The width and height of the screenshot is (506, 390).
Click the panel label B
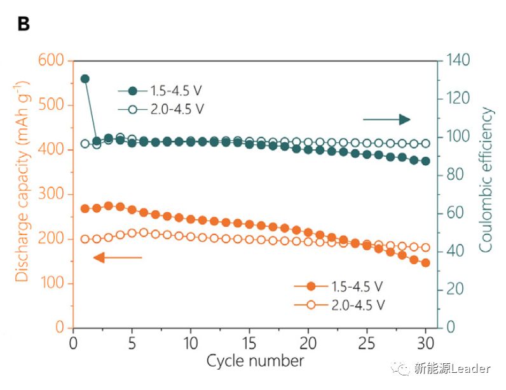click(x=23, y=24)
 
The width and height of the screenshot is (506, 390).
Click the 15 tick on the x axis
click(x=249, y=343)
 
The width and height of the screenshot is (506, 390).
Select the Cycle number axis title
click(x=256, y=361)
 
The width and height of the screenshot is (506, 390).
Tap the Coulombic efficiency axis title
click(x=487, y=180)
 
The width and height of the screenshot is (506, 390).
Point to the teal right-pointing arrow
click(x=386, y=119)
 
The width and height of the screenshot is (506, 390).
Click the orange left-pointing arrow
click(x=118, y=257)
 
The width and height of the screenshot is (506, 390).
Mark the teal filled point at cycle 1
click(x=85, y=79)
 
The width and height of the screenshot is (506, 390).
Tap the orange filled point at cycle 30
click(x=425, y=263)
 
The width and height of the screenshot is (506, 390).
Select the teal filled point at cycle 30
click(x=425, y=161)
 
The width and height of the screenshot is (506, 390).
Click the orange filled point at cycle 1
click(x=85, y=208)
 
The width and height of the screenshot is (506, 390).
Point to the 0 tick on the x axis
click(x=74, y=343)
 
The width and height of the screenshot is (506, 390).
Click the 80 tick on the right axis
click(x=456, y=175)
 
